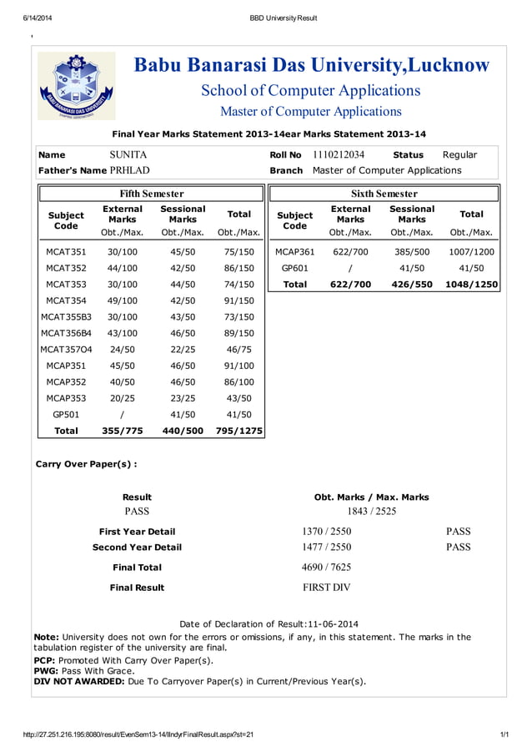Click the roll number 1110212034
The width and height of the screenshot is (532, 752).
click(339, 154)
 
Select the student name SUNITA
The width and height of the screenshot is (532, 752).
click(128, 154)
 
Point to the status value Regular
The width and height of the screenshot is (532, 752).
click(459, 154)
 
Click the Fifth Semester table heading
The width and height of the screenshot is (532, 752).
click(152, 194)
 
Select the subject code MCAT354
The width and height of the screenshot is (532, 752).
click(66, 300)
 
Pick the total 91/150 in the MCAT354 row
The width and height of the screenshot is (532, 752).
click(239, 300)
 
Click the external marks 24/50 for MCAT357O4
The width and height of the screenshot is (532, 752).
click(123, 350)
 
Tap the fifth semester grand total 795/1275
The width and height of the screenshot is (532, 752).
click(239, 431)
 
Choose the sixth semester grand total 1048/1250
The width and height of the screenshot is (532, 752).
click(472, 284)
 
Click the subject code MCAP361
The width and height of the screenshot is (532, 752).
click(295, 251)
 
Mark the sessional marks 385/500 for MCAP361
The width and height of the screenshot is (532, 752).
click(412, 251)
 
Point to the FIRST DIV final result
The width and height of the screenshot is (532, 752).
click(326, 588)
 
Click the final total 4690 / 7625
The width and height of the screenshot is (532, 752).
click(326, 567)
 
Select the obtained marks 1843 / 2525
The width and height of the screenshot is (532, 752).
click(371, 511)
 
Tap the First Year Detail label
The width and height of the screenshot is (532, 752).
click(137, 531)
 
